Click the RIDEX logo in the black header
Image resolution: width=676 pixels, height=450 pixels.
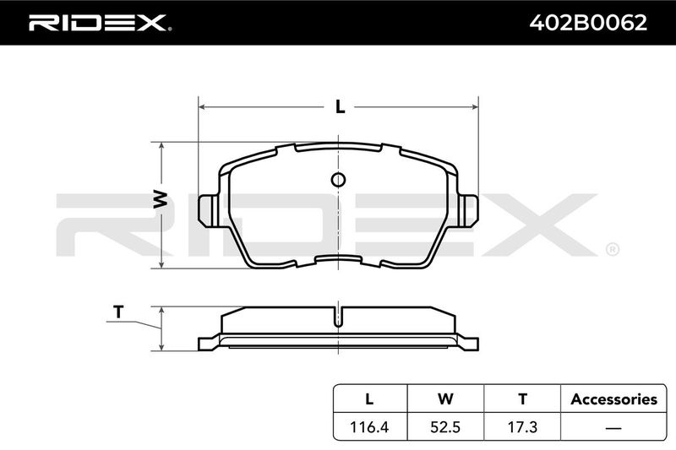pyautogui.click(x=100, y=23)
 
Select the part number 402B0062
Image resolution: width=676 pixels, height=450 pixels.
pyautogui.click(x=588, y=23)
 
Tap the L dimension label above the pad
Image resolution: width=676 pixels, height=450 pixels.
pyautogui.click(x=341, y=106)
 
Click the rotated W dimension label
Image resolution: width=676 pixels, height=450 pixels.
pyautogui.click(x=161, y=199)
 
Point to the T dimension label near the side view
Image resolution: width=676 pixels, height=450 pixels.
pyautogui.click(x=118, y=312)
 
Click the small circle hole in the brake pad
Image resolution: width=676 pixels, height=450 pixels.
pyautogui.click(x=339, y=180)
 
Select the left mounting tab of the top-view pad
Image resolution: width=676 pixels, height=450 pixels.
pyautogui.click(x=209, y=210)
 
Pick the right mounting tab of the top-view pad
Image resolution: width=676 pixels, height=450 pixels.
pyautogui.click(x=468, y=210)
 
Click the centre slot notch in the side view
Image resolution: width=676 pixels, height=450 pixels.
pyautogui.click(x=339, y=317)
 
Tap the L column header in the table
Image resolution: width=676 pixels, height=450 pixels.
pyautogui.click(x=369, y=399)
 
